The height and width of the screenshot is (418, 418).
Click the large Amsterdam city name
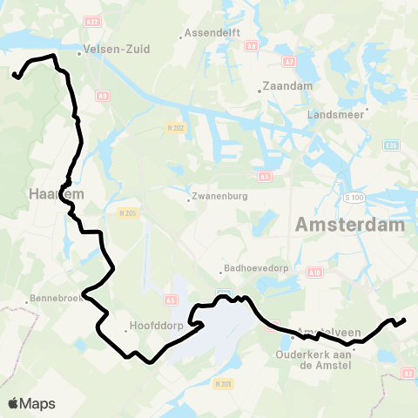coord(350,225)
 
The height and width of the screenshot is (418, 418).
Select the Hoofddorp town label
coord(153,327)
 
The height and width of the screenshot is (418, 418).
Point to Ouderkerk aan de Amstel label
coord(312,360)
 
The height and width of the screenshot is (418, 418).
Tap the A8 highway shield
coord(252,46)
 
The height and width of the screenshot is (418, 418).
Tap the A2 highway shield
coord(407,373)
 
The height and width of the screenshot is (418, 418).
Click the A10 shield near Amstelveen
coord(315,273)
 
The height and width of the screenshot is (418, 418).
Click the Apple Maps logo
coord(31,403)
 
